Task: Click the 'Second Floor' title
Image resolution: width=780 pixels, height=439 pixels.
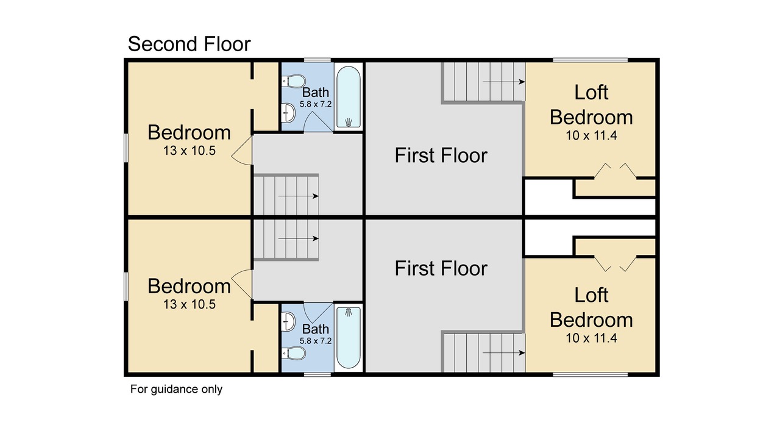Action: point(189,45)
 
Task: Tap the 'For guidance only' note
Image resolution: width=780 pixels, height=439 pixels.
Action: point(176,389)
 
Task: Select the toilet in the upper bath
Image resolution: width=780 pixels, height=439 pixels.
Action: point(294,81)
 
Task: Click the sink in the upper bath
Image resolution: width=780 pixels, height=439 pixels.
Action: point(288,112)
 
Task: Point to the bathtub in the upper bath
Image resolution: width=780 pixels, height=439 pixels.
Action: point(348,97)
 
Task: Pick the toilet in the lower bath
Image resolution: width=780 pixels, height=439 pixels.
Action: point(294,353)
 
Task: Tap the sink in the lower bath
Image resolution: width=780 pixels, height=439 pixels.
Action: point(288,321)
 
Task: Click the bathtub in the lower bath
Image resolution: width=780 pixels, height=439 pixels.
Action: point(348,338)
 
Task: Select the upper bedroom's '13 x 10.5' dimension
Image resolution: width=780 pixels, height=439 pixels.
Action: point(190,151)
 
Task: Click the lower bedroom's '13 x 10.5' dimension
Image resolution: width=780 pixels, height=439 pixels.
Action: point(190,304)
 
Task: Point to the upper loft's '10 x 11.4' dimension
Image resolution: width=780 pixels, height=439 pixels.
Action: point(591,135)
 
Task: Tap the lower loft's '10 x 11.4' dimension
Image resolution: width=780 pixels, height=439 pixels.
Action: point(591,338)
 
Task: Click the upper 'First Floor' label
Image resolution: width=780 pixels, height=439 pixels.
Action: point(441,155)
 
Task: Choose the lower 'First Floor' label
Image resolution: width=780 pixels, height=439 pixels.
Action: point(441,268)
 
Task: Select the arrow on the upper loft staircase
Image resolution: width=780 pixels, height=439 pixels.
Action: point(504,82)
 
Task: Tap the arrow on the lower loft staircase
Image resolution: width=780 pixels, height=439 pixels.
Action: point(504,353)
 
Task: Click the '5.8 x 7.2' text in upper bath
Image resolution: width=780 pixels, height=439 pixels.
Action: point(316,104)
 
